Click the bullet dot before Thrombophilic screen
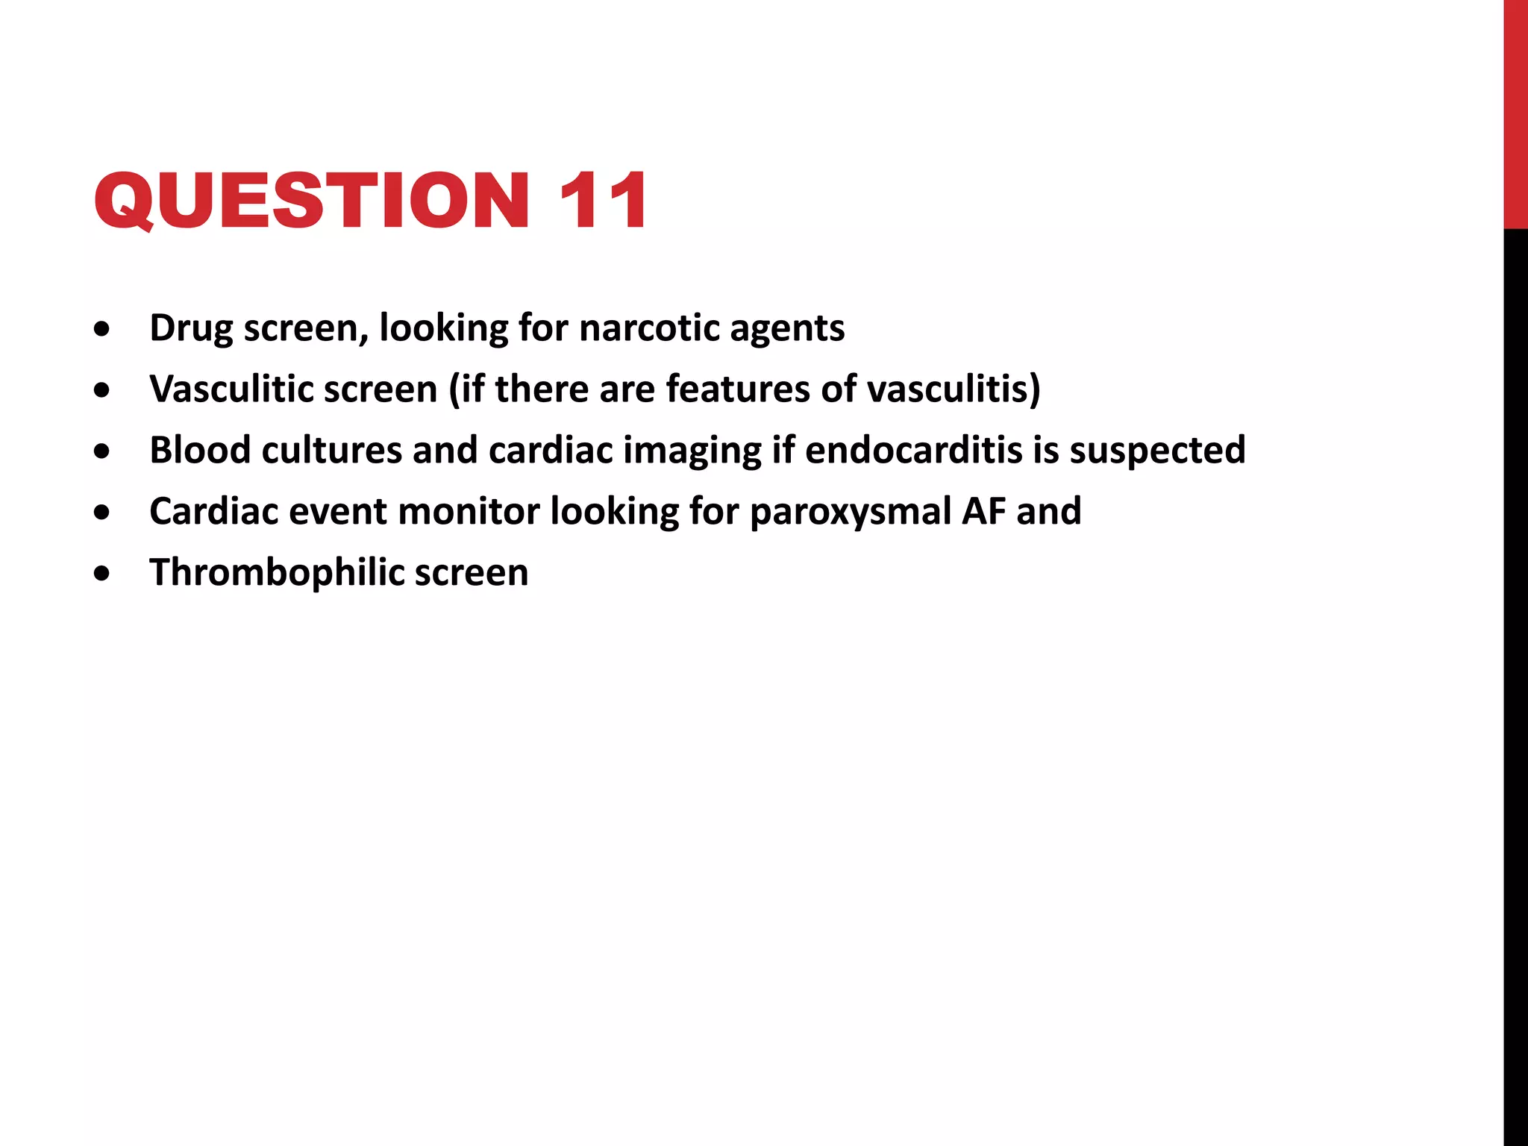point(102,574)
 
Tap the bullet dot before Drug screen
point(102,329)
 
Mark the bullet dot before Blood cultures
point(102,451)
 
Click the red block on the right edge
point(1515,113)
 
